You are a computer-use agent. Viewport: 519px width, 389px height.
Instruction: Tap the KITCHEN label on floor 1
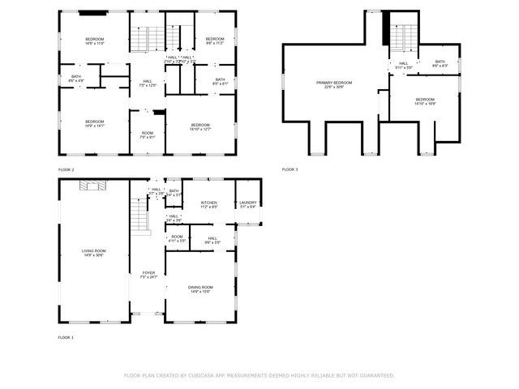click(x=209, y=204)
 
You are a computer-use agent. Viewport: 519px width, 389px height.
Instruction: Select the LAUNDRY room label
click(x=248, y=204)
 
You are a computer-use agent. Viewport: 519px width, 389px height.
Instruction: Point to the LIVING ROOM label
click(x=93, y=253)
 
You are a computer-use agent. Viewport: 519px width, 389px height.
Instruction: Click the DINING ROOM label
click(x=200, y=289)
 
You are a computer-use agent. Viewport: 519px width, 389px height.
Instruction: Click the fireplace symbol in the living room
click(x=92, y=186)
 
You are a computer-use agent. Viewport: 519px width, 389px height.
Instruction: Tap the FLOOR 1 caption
click(x=66, y=336)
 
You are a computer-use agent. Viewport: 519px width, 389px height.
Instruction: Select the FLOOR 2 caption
click(x=66, y=169)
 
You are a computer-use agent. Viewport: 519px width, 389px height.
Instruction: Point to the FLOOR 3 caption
click(x=290, y=169)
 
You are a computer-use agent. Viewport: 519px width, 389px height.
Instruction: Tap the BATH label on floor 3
click(x=440, y=63)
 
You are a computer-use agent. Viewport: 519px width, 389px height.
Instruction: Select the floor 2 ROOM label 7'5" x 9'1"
click(x=147, y=135)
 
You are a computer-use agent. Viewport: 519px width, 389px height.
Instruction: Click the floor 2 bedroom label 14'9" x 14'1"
click(x=93, y=124)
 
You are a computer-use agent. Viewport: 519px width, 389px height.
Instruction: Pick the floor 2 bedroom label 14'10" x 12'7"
click(x=200, y=126)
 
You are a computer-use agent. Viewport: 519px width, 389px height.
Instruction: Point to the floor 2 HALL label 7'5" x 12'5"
click(x=148, y=83)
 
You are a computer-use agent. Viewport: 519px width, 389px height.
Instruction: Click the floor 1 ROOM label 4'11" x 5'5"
click(x=177, y=238)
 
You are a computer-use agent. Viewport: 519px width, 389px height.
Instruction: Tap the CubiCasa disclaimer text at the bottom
click(x=259, y=375)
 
